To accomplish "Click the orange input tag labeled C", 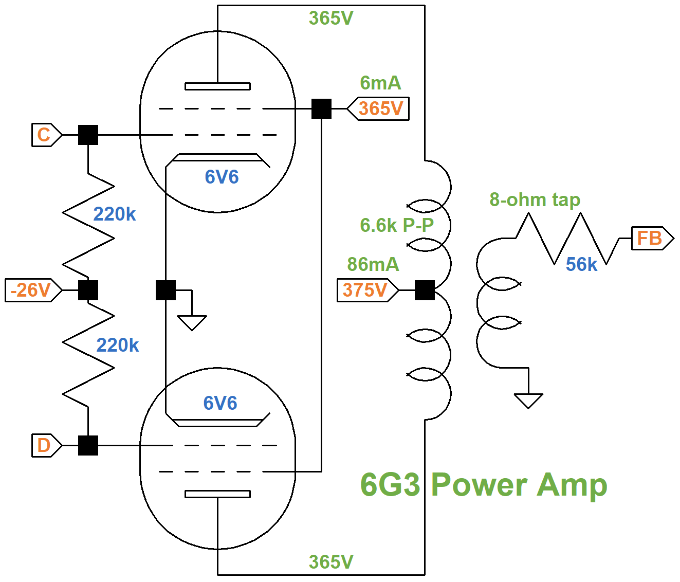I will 45,135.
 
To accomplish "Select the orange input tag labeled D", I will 45,445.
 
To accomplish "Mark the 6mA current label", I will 380,83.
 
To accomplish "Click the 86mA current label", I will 373,264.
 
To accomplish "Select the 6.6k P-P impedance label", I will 397,225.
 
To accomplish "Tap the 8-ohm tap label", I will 535,199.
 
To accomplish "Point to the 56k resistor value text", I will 581,264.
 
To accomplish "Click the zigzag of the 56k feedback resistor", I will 567,239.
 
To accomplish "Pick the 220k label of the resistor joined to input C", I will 114,214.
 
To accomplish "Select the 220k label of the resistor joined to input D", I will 118,345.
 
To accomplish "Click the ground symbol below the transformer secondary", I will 528,400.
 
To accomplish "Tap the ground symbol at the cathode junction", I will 192,322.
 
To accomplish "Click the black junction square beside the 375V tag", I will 425,290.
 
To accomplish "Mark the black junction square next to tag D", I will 88,445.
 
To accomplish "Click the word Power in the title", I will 479,485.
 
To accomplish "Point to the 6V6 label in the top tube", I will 222,177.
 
